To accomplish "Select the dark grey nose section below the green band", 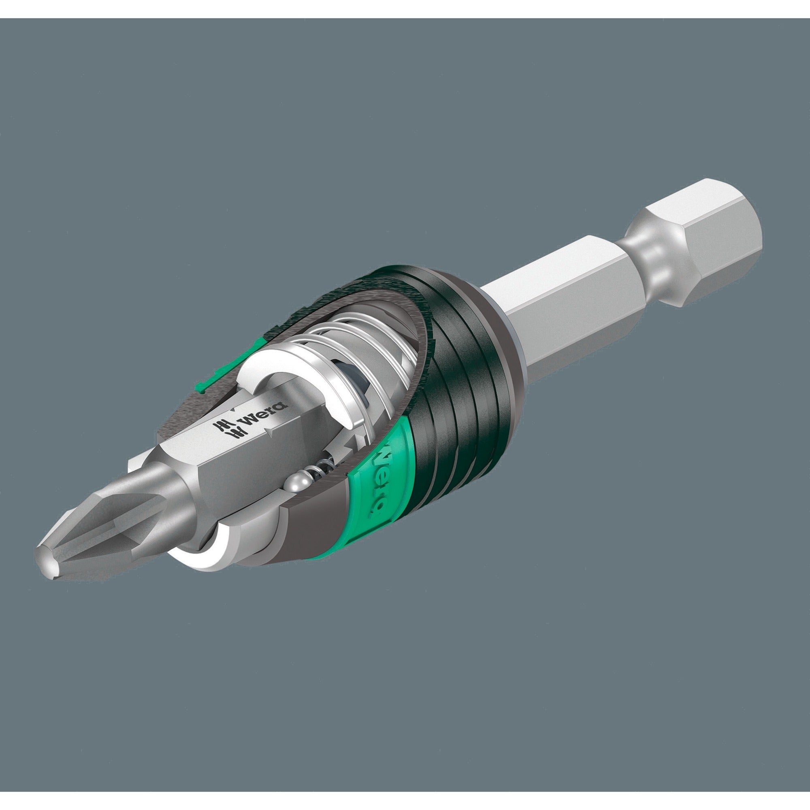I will (294, 533).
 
